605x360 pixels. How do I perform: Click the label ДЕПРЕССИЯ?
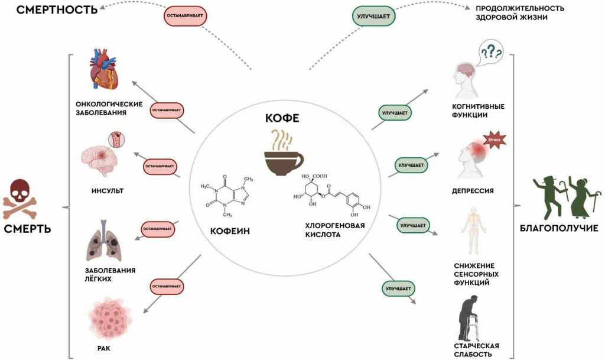pos(472,191)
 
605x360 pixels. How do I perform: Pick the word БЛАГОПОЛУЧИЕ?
pos(559,228)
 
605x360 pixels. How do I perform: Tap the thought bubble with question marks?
pos(491,52)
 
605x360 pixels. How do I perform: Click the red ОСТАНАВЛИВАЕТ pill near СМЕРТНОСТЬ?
pos(184,17)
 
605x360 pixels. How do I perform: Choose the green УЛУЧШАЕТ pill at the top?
pos(373,17)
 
